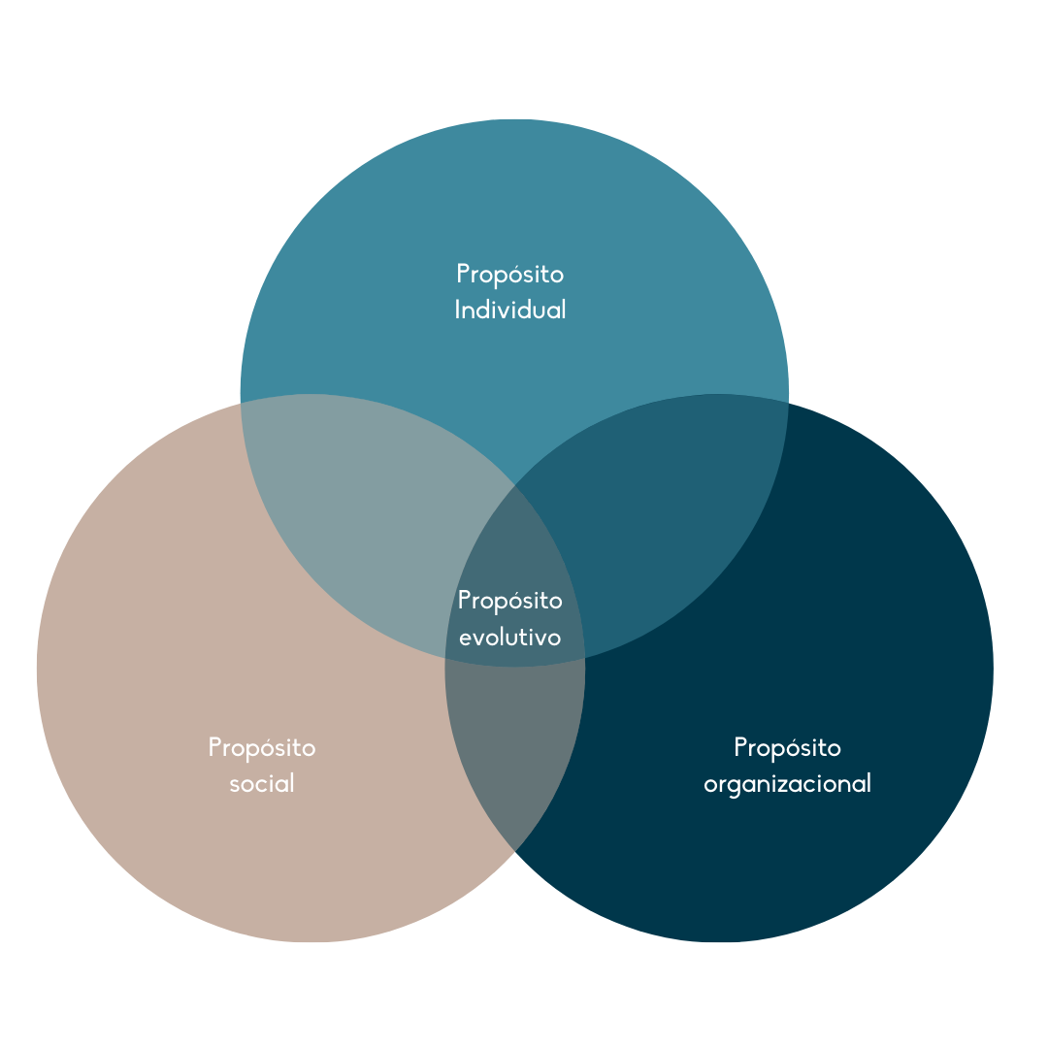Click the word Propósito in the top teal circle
coord(510,275)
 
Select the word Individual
coord(510,310)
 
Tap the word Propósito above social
coord(262,748)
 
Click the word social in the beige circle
coord(262,783)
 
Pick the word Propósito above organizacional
coord(787,748)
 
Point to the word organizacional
coord(787,784)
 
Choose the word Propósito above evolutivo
coord(510,601)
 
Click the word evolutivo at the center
coord(510,637)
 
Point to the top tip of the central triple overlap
coord(515,485)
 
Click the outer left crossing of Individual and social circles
coord(242,403)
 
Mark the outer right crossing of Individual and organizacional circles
coord(789,403)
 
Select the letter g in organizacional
coord(740,787)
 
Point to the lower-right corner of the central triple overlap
coord(585,658)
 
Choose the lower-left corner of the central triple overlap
coord(445,658)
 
